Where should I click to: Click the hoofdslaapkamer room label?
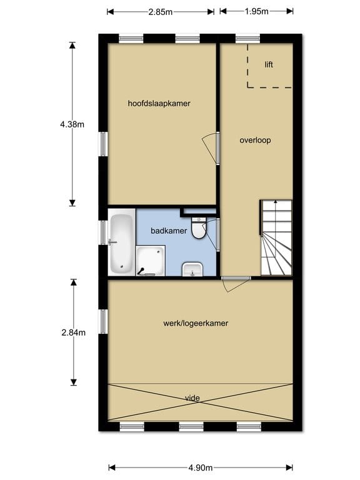click(159, 103)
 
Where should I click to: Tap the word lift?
click(269, 64)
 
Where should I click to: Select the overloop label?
click(255, 140)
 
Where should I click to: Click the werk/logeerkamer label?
click(195, 323)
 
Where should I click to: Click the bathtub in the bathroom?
click(122, 244)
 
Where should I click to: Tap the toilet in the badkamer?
click(199, 228)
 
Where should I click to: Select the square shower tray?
click(151, 260)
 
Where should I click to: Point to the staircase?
click(276, 238)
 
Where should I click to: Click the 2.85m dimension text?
click(161, 11)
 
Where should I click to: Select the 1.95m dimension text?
click(256, 11)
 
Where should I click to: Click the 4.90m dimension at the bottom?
click(200, 467)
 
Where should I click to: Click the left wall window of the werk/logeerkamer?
click(102, 321)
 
